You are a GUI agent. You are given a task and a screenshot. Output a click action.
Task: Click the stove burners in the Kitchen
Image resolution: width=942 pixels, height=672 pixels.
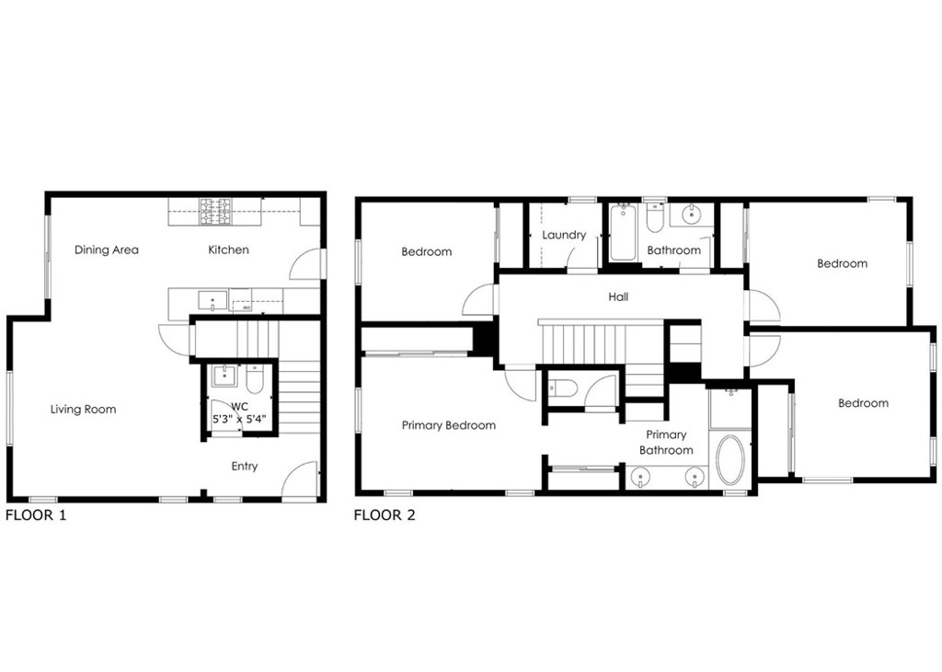215,212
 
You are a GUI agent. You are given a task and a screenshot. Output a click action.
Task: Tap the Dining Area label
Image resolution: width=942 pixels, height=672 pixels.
107,249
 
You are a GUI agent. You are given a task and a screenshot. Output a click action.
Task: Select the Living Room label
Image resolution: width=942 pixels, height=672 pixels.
83,410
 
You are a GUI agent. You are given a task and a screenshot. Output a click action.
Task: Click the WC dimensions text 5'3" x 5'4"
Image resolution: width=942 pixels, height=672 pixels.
239,420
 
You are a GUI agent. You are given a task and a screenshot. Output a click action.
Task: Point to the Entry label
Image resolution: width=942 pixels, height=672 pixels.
245,467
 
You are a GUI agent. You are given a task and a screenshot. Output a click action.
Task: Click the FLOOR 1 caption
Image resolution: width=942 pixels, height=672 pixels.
36,516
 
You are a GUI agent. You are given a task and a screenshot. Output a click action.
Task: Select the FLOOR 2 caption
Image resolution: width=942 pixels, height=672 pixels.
385,516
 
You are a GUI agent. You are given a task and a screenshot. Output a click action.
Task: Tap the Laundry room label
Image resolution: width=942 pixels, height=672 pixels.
564,235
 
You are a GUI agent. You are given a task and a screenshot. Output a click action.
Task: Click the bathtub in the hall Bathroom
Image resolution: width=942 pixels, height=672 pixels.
623,233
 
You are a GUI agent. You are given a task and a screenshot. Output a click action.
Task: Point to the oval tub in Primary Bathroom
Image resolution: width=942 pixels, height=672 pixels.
729,460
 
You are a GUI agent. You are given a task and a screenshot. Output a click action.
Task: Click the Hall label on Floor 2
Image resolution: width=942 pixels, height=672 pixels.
618,296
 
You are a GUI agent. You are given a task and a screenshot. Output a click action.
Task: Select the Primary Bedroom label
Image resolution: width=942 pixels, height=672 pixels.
449,425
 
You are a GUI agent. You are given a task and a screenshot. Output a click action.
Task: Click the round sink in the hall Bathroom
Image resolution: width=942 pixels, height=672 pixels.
692,214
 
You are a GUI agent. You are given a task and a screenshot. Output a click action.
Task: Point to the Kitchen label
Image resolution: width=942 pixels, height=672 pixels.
228,249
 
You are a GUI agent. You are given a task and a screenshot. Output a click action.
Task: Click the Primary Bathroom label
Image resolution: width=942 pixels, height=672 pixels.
666,443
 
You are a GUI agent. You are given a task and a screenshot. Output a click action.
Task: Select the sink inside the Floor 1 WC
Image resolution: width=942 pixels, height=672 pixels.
224,377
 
